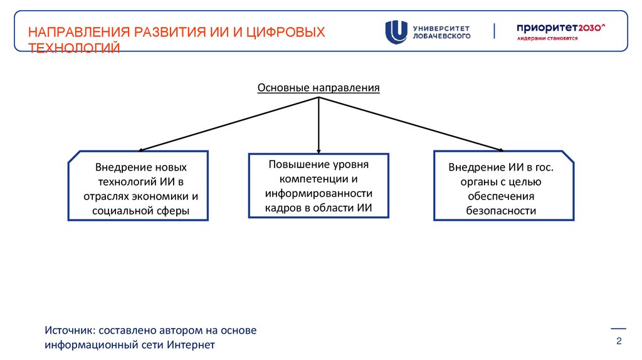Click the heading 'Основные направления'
pos(318,87)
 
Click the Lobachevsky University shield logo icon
pos(396,32)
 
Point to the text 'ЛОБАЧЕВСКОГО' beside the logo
pos(441,36)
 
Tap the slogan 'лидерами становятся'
pos(547,38)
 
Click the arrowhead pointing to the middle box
pos(318,151)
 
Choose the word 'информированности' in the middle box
pos(318,193)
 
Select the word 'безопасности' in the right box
pos(501,211)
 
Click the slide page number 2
pos(619,341)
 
